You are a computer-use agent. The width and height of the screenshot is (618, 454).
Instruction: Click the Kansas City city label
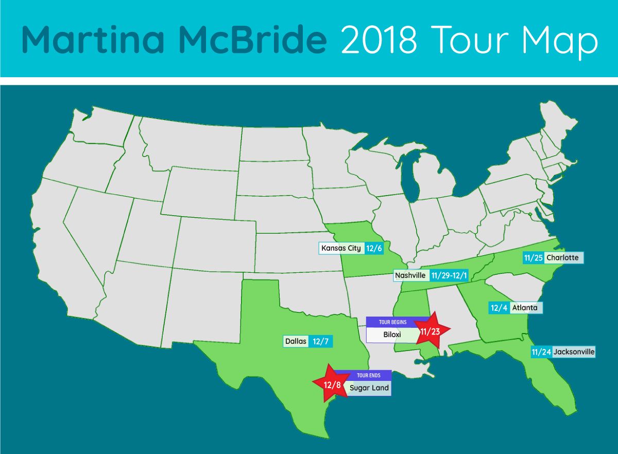(341, 248)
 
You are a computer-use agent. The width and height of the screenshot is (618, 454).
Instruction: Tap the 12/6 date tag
(373, 248)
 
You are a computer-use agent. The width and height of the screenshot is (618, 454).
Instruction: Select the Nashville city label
(410, 275)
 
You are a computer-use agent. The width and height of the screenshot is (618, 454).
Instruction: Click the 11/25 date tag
(533, 257)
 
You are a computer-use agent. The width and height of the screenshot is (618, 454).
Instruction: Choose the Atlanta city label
(524, 308)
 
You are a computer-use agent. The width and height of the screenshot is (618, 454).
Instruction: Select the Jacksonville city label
(574, 353)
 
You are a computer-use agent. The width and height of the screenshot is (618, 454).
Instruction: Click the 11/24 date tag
(541, 353)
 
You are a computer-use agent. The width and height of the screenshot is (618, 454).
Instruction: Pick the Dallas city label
(296, 341)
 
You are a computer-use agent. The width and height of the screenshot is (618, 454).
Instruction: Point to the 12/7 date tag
(320, 341)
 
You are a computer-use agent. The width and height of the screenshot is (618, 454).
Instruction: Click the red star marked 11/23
(430, 331)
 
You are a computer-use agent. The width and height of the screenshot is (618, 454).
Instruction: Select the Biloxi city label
(392, 335)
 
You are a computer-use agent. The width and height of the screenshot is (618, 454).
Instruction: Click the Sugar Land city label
(369, 388)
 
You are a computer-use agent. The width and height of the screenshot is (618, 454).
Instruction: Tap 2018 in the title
(379, 39)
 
